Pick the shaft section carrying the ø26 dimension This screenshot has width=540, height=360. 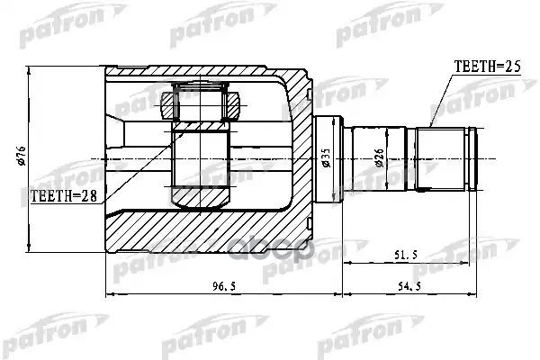(x=378, y=159)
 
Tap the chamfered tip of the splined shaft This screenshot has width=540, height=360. (x=472, y=159)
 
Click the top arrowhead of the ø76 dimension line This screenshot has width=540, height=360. (x=30, y=70)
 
